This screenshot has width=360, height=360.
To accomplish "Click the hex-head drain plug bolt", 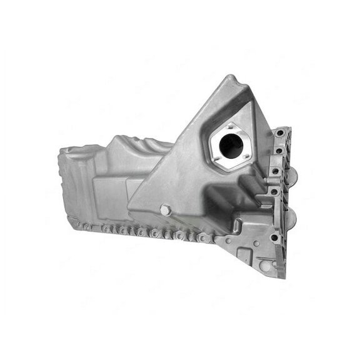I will click(x=166, y=210).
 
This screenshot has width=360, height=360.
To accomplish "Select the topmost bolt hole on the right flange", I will click(x=278, y=136).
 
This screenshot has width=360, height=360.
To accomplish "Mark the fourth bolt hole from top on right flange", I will click(x=272, y=206).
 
